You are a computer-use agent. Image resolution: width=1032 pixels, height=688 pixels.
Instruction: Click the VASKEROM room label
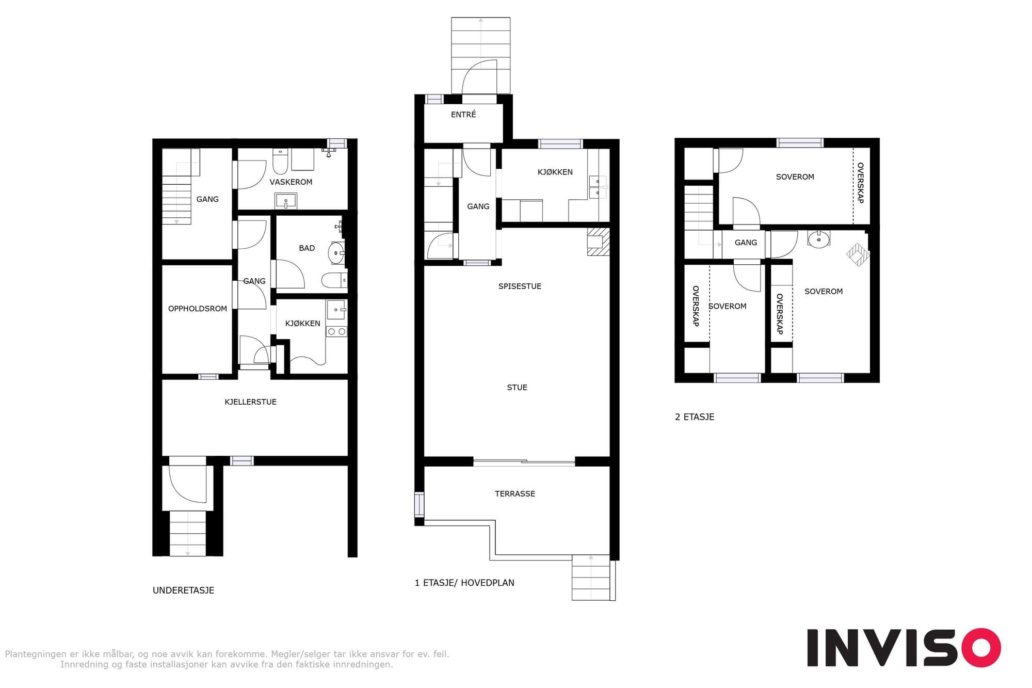coord(291,182)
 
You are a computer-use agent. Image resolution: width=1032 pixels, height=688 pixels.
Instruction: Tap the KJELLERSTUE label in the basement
coord(250,402)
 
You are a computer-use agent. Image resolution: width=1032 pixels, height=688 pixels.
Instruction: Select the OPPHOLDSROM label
coord(198,309)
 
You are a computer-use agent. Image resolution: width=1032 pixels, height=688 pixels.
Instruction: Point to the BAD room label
coord(307,248)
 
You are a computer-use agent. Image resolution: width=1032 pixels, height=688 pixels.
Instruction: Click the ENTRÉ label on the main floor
coord(463,115)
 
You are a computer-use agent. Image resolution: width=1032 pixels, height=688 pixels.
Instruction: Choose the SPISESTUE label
coord(520,286)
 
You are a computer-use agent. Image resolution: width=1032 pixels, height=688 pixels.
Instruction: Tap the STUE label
coord(517,388)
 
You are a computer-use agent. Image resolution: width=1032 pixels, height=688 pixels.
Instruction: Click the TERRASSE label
coord(515,494)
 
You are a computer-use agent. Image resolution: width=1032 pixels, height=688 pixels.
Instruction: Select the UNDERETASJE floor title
coord(183,590)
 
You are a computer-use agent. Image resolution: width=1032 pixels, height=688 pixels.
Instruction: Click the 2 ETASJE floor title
coord(695,417)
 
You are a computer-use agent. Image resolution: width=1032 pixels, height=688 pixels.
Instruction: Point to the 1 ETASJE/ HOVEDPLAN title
coord(464,583)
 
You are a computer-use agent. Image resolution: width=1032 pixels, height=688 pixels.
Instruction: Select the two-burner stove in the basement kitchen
coord(336,331)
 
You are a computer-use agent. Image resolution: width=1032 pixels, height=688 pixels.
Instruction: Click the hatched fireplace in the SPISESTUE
coord(599,242)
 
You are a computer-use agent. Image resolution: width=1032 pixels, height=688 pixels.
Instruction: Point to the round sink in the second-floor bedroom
coord(818,239)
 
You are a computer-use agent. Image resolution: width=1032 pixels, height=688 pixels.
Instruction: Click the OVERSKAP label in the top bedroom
coord(860,183)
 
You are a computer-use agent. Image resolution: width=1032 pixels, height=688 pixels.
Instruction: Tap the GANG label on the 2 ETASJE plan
coord(746,243)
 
